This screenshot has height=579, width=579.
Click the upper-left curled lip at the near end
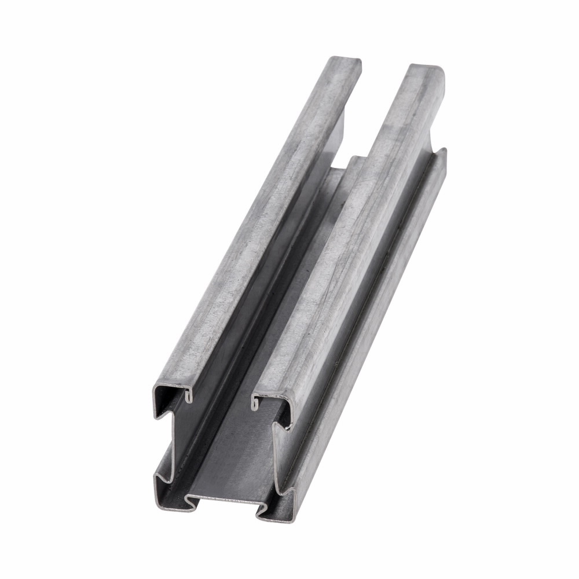(x=189, y=395)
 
